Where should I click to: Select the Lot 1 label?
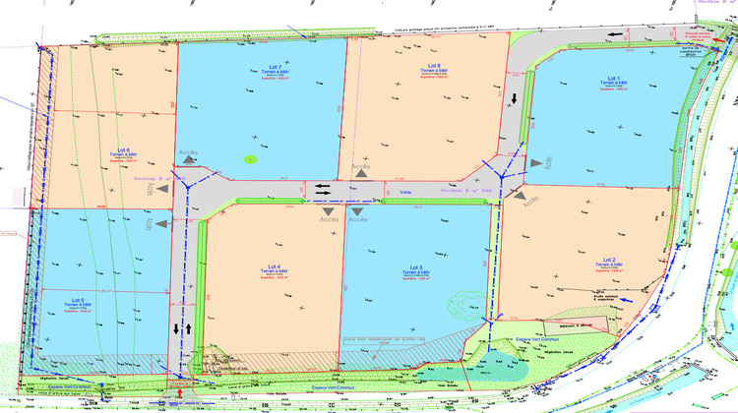pyautogui.click(x=612, y=78)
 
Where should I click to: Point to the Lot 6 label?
pyautogui.click(x=123, y=149)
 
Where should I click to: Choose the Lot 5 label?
pyautogui.click(x=78, y=299)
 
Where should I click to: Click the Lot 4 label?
pyautogui.click(x=275, y=266)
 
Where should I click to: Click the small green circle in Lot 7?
pyautogui.click(x=250, y=157)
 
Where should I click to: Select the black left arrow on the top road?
pyautogui.click(x=613, y=36)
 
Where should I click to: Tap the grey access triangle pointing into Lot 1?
pyautogui.click(x=535, y=162)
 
